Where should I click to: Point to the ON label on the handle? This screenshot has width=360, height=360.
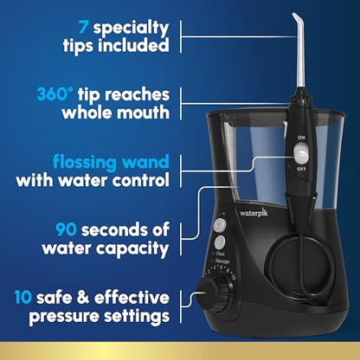tap(300, 137)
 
